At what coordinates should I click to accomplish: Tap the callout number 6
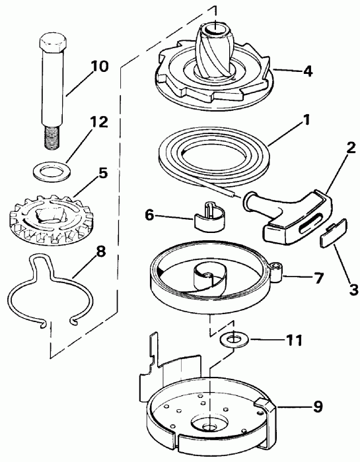149,214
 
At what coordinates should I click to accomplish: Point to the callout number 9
318,407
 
